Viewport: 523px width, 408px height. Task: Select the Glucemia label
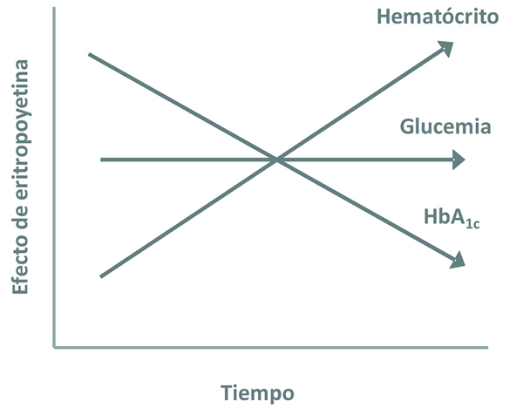445,127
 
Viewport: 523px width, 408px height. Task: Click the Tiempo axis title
257,391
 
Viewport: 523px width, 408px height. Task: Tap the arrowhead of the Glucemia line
459,160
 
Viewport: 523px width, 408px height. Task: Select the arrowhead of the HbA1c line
458,260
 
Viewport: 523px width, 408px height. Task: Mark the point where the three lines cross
276,160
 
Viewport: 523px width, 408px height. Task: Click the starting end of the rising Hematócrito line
102,276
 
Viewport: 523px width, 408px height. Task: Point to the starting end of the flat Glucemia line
102,160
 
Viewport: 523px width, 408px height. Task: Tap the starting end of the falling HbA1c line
90,54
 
